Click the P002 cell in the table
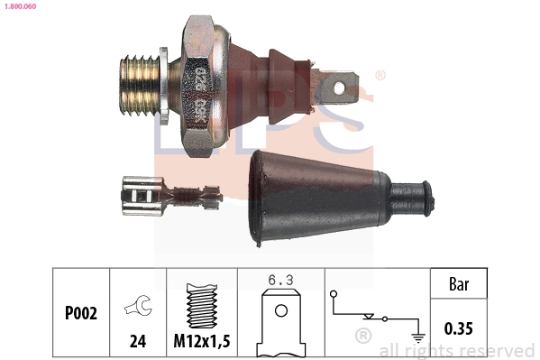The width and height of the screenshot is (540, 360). point(81,313)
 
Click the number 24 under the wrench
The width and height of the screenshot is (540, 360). point(138,341)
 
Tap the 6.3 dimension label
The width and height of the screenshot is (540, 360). point(280,280)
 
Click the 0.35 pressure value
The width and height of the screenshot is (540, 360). point(460,328)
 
